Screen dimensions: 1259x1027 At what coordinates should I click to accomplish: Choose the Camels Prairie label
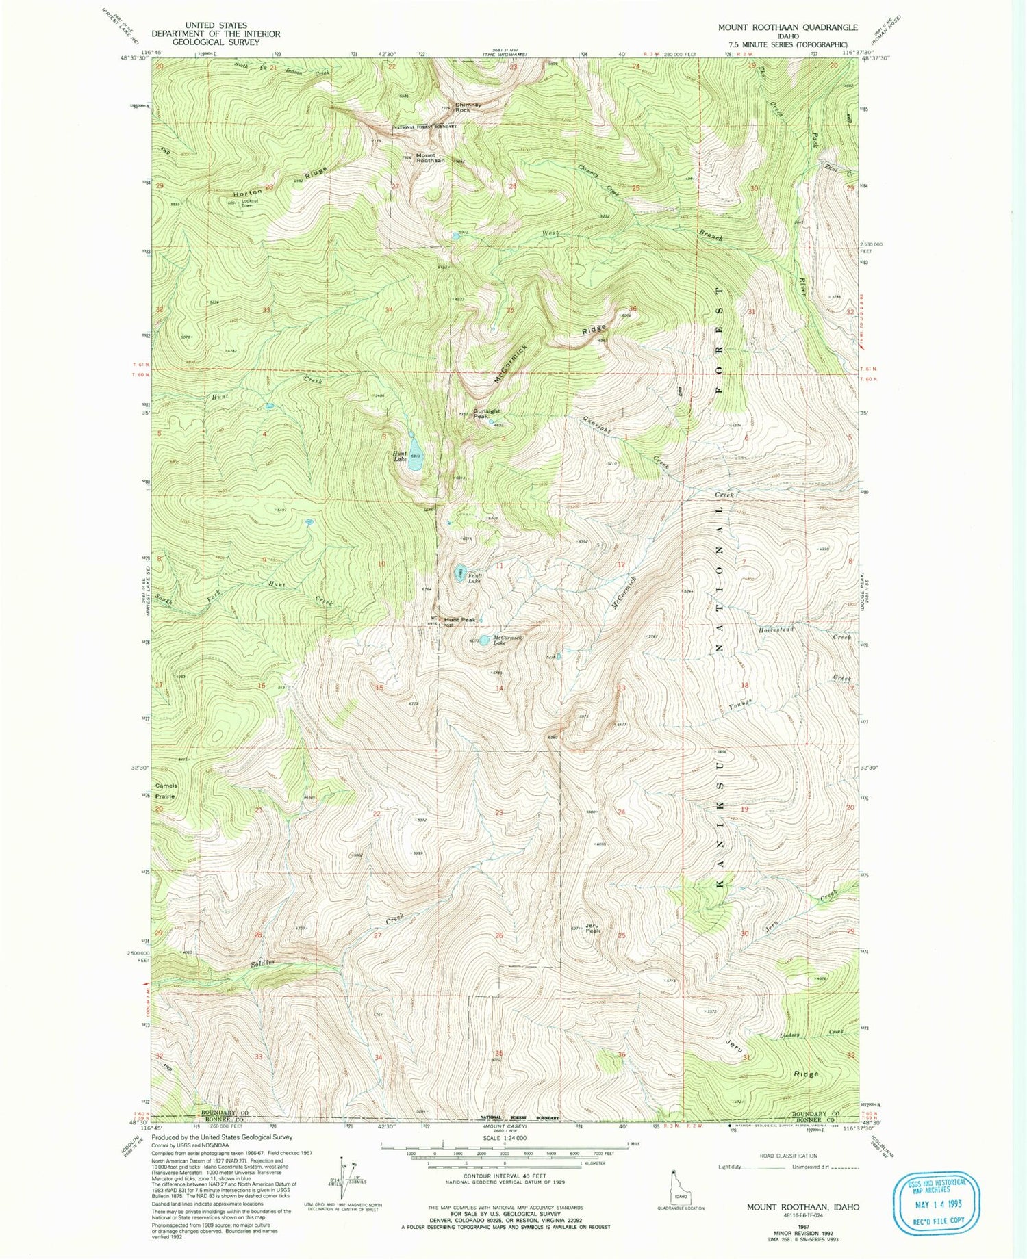[166, 791]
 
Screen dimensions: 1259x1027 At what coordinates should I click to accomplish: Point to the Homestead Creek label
[776, 629]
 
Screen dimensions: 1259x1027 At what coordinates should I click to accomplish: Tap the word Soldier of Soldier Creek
[263, 963]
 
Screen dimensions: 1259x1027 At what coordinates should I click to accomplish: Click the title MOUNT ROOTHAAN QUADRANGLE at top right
[787, 27]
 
